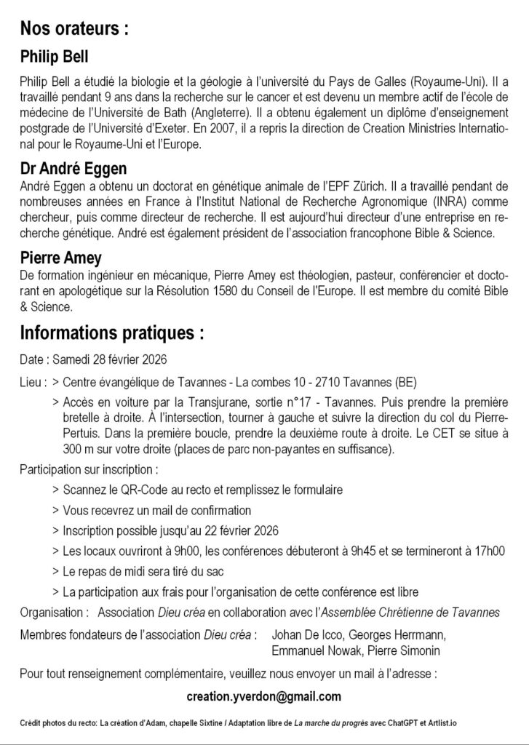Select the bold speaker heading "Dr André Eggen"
point(73,169)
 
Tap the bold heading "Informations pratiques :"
point(111,333)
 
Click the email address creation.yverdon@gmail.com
point(263,697)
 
